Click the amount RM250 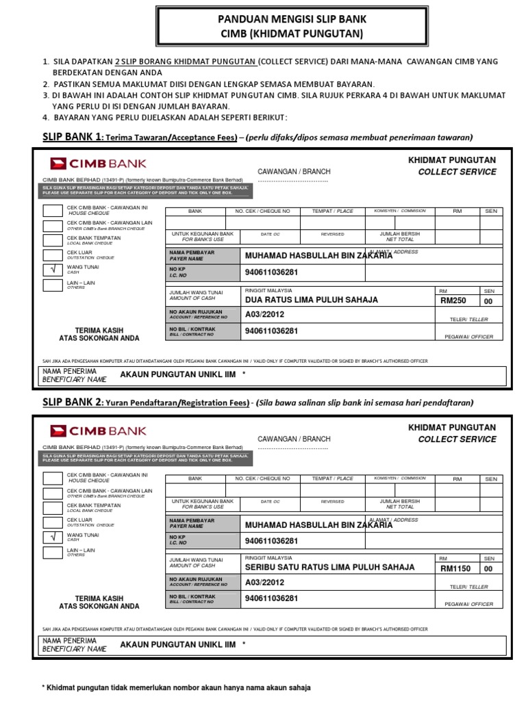pos(453,301)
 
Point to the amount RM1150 pos(455,568)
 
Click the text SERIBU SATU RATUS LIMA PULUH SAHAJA pos(330,568)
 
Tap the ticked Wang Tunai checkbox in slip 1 pos(53,269)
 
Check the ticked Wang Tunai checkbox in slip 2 pos(53,537)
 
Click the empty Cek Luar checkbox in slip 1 pos(53,255)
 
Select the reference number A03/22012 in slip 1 pos(264,315)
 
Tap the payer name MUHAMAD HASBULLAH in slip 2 pos(318,525)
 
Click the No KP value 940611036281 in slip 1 pos(272,272)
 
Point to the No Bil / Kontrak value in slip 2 pos(272,598)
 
